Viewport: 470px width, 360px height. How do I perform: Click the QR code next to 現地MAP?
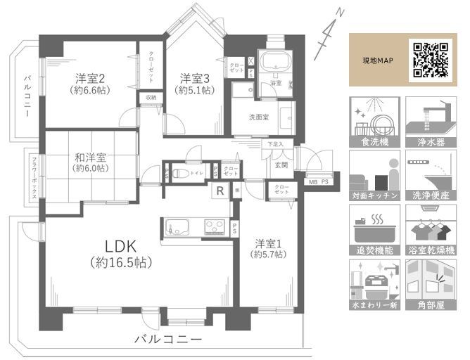coord(431,60)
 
